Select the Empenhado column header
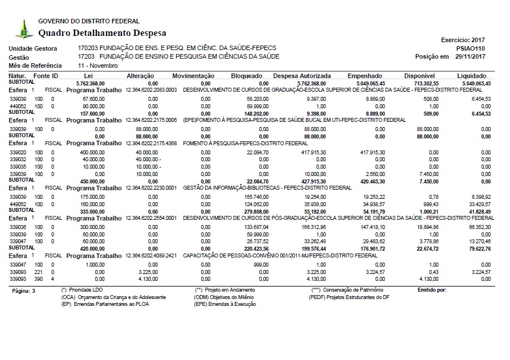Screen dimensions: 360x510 pos(365,75)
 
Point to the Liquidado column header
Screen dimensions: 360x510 pos(471,75)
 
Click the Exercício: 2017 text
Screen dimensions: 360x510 pos(463,40)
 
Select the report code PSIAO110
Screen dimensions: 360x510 pos(471,49)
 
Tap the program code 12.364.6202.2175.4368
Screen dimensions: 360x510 pos(152,143)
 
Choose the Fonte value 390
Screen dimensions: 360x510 pos(38,279)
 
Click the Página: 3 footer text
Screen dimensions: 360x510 pos(23,291)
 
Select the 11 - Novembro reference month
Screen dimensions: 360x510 pos(97,66)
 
